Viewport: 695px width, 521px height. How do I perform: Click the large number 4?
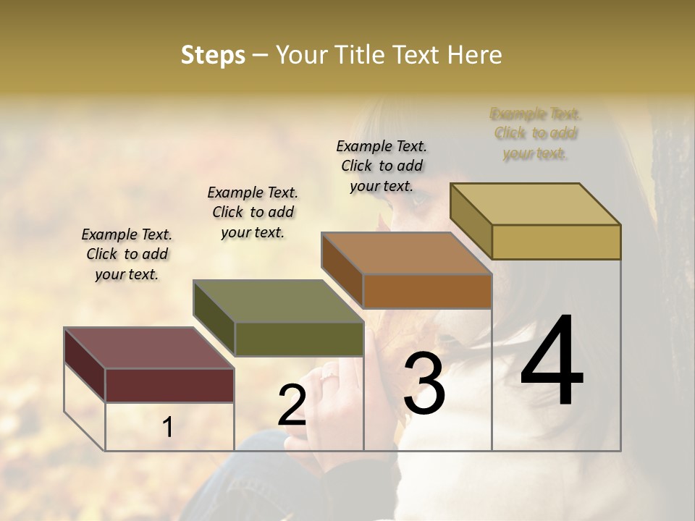pyautogui.click(x=552, y=362)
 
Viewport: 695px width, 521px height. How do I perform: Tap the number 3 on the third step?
pyautogui.click(x=424, y=384)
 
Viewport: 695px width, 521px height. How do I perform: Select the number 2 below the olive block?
pyautogui.click(x=292, y=405)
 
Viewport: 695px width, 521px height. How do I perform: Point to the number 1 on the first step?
pyautogui.click(x=167, y=427)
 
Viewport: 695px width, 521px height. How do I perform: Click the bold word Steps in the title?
pyautogui.click(x=213, y=55)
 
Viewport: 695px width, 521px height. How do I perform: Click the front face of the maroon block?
pyautogui.click(x=169, y=385)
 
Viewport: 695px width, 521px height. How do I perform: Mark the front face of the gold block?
pyautogui.click(x=556, y=242)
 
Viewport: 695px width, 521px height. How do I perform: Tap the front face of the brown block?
pyautogui.click(x=427, y=291)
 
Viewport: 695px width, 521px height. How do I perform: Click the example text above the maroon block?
pyautogui.click(x=127, y=254)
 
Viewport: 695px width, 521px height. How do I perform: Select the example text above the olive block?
pyautogui.click(x=253, y=212)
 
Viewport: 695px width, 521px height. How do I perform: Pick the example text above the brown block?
pyautogui.click(x=382, y=166)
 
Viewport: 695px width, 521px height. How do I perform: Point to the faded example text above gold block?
pyautogui.click(x=535, y=133)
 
